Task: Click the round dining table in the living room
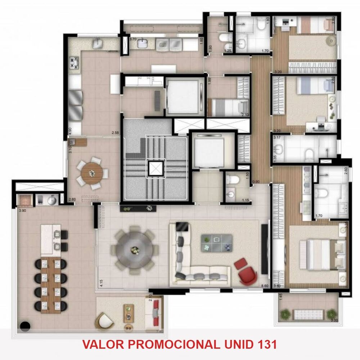coord(135,249)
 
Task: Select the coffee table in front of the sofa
coord(216,243)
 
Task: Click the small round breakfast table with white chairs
coord(91,173)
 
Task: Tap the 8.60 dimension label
coord(265,285)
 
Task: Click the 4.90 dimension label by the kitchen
coord(71,130)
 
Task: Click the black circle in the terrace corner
coord(25,326)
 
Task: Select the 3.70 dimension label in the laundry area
coord(133,39)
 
